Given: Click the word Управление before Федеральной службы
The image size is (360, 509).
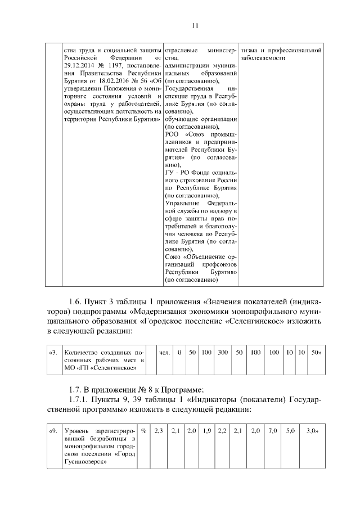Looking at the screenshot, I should pyautogui.click(x=183, y=202).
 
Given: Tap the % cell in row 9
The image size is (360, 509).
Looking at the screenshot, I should pyautogui.click(x=144, y=430).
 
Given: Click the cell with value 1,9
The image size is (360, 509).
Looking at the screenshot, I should pyautogui.click(x=206, y=430).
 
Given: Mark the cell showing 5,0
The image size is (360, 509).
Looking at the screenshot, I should pyautogui.click(x=290, y=430).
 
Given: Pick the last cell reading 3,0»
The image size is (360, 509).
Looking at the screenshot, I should pyautogui.click(x=311, y=430).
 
